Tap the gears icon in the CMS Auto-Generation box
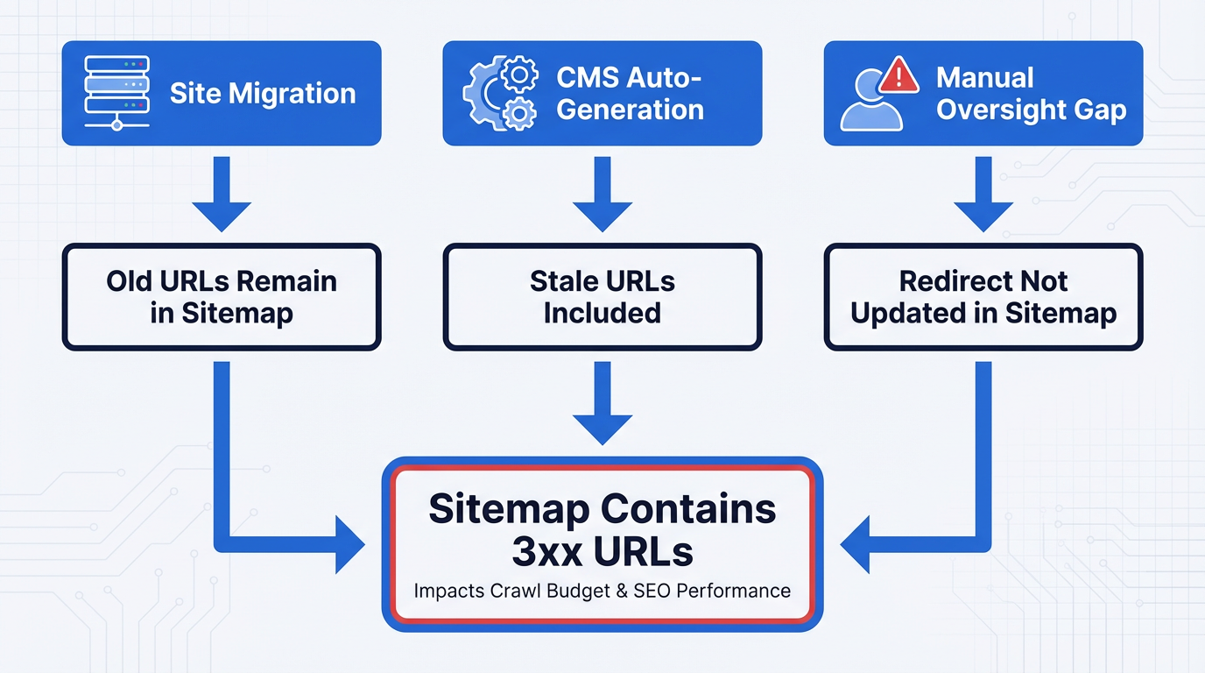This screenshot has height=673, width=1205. pyautogui.click(x=499, y=94)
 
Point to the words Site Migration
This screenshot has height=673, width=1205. pyautogui.click(x=263, y=94)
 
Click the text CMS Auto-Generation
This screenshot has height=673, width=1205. pyautogui.click(x=630, y=93)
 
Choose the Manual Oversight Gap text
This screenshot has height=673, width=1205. pyautogui.click(x=1031, y=94)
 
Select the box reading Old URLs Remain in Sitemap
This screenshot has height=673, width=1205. pyautogui.click(x=222, y=297)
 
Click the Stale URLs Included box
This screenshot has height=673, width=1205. pyautogui.click(x=602, y=297)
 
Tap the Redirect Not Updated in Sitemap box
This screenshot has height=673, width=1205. pyautogui.click(x=983, y=297)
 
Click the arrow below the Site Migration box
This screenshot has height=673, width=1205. pyautogui.click(x=222, y=195)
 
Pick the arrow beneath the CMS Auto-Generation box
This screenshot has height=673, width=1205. pyautogui.click(x=602, y=195)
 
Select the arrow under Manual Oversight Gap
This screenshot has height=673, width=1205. pyautogui.click(x=983, y=195)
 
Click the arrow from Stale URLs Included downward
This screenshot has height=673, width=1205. pyautogui.click(x=602, y=403)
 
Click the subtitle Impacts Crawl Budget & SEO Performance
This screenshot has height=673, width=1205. pyautogui.click(x=602, y=591)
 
